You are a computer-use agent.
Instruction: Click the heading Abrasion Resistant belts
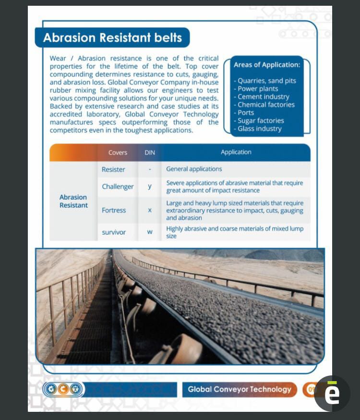click(112, 38)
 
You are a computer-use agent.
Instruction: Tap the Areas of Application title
click(267, 65)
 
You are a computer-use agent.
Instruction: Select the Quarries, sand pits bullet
click(266, 81)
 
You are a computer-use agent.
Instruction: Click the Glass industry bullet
click(259, 129)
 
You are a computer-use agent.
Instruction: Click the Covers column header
click(118, 153)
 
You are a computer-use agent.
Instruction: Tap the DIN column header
click(150, 153)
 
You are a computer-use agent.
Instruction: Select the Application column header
click(236, 152)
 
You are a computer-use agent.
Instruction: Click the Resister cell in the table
click(113, 169)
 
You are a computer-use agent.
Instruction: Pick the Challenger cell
click(118, 186)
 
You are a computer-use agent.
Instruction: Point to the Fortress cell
click(114, 210)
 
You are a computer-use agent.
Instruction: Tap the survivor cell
click(114, 232)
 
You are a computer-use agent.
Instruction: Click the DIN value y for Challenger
click(150, 186)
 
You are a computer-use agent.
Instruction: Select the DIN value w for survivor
click(150, 232)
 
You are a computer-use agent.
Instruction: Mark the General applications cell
click(194, 169)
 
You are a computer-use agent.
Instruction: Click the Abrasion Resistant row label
click(73, 201)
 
